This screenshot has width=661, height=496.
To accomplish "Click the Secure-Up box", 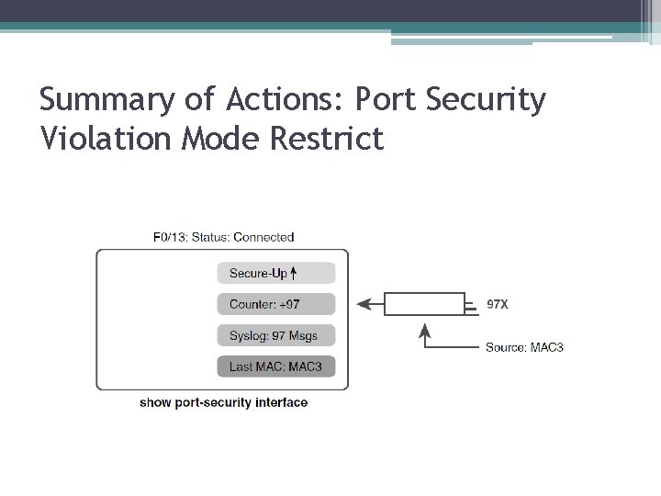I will point(276,273).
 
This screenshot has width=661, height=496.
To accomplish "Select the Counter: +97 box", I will point(276,304).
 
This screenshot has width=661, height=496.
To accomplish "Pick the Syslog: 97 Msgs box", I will point(276,335).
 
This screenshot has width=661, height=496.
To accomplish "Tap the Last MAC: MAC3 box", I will point(276,366).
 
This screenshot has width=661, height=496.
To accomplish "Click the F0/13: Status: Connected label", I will point(223,237).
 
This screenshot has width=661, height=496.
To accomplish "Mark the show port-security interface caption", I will point(223,402).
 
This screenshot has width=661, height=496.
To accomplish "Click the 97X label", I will point(497,303).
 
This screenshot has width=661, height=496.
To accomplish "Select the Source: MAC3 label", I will point(524,347).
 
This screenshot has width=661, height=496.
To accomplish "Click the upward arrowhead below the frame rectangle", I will point(425,328).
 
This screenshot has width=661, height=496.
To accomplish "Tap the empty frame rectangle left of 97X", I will point(424,304).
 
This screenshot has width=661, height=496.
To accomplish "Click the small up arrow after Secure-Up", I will point(294,273).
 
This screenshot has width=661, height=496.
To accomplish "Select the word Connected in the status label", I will point(263,237).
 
